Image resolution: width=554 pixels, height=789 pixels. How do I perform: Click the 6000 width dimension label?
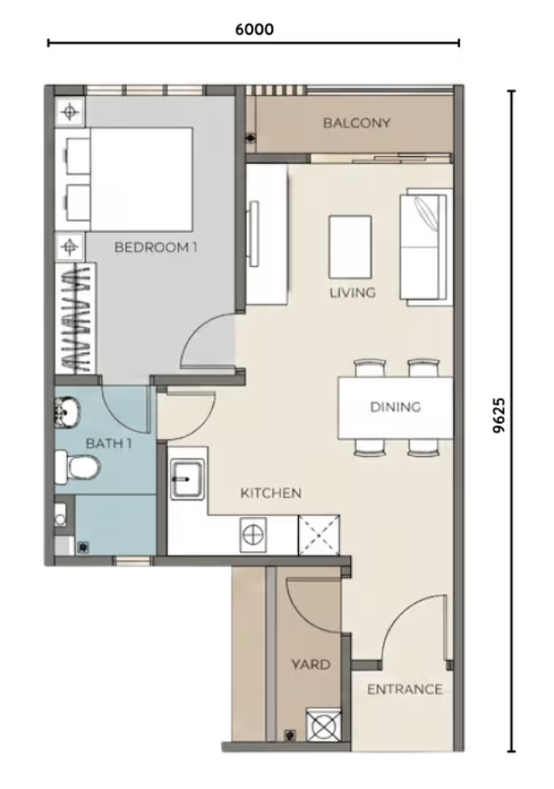pyautogui.click(x=254, y=29)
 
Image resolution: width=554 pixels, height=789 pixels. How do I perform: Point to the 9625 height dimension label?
pyautogui.click(x=499, y=415)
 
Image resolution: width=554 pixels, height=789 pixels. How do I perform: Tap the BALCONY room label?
pyautogui.click(x=357, y=123)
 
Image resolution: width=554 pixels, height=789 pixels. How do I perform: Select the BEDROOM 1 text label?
pyautogui.click(x=155, y=247)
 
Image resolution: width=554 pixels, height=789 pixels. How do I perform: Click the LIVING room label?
pyautogui.click(x=353, y=292)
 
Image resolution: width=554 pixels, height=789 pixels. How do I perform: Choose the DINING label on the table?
pyautogui.click(x=395, y=406)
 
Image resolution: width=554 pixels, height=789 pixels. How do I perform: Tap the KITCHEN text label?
pyautogui.click(x=271, y=494)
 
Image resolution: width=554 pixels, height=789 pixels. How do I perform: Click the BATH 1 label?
pyautogui.click(x=108, y=443)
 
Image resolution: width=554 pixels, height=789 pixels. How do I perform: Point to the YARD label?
pyautogui.click(x=311, y=665)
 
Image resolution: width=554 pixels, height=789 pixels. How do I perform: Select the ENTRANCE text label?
pyautogui.click(x=405, y=689)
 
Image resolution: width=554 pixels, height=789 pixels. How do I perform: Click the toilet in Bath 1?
pyautogui.click(x=77, y=466)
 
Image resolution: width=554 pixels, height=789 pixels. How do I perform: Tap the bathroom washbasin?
pyautogui.click(x=66, y=411)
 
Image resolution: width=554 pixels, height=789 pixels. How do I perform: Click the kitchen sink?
pyautogui.click(x=187, y=480)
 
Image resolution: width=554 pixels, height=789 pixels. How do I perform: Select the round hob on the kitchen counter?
pyautogui.click(x=253, y=535)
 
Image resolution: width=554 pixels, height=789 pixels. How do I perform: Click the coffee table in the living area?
pyautogui.click(x=350, y=247)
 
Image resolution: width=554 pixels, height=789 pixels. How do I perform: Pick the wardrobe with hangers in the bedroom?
pyautogui.click(x=76, y=317)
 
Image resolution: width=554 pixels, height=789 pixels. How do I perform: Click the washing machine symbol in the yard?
pyautogui.click(x=323, y=724)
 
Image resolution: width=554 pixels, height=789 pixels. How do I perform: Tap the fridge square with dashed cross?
pyautogui.click(x=319, y=535)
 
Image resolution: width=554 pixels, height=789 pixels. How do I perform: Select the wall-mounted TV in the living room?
pyautogui.click(x=254, y=233)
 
